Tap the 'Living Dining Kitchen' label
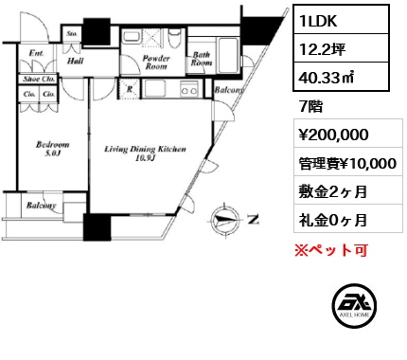click(145, 153)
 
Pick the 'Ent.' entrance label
click(36, 53)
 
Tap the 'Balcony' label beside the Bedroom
click(38, 205)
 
